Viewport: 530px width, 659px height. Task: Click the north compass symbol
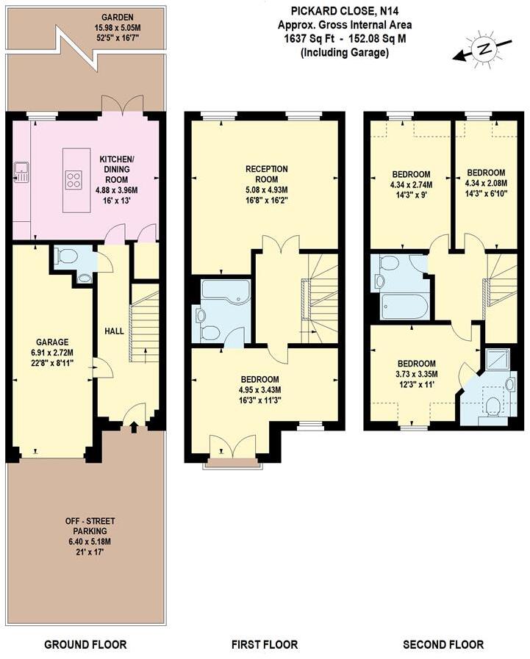point(483,49)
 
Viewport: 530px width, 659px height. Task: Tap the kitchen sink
point(21,173)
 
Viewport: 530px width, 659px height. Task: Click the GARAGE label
point(51,342)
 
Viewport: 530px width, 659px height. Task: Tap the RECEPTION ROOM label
point(266,174)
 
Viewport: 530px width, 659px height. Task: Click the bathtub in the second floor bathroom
point(404,305)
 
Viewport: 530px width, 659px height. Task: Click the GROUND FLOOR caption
point(85,644)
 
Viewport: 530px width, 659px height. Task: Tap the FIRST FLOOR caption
point(265,644)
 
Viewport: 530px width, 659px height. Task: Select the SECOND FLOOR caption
point(443,644)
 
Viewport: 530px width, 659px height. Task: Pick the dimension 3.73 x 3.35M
point(417,373)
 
